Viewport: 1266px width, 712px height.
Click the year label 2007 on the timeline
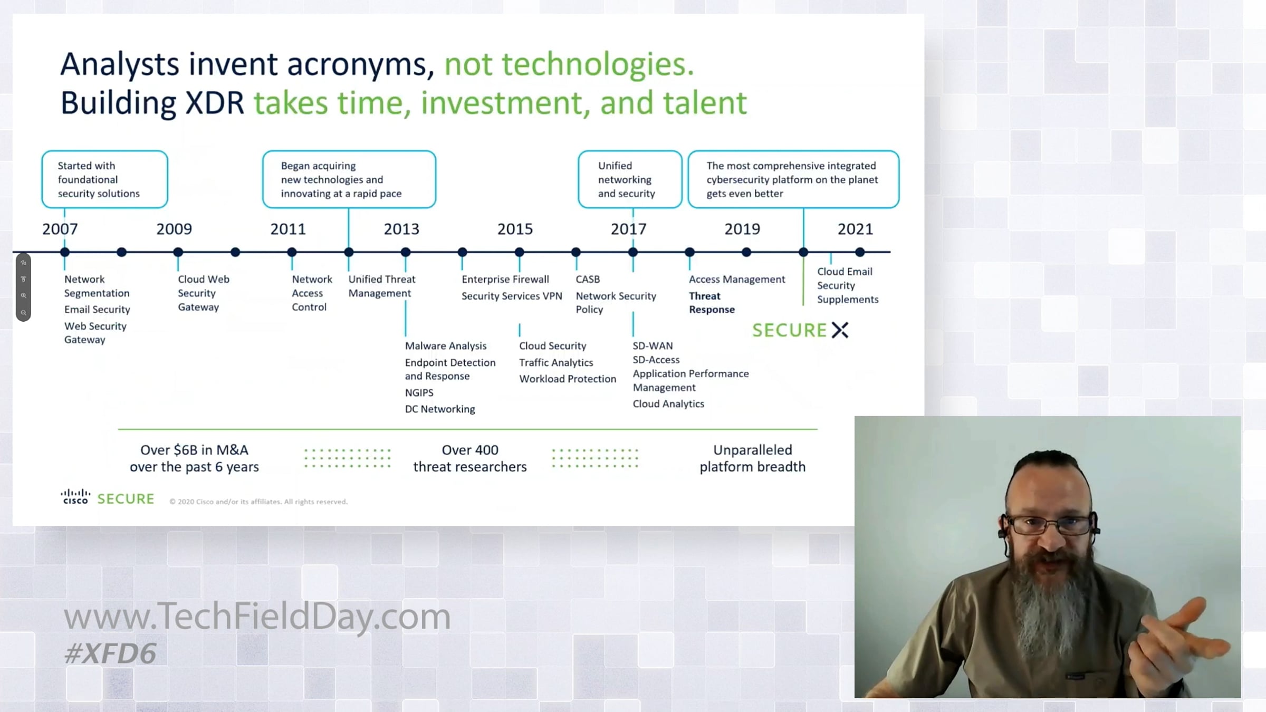click(60, 229)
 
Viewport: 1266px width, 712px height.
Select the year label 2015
click(515, 229)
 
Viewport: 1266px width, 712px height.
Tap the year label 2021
click(855, 229)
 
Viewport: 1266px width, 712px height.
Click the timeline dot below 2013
click(406, 252)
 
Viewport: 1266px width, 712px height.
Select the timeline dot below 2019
click(746, 252)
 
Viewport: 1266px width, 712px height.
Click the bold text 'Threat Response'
click(712, 303)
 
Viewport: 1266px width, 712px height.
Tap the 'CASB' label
click(588, 279)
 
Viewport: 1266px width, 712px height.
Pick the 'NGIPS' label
click(419, 392)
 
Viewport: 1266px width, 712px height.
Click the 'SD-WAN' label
click(653, 345)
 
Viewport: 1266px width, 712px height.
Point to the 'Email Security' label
click(97, 310)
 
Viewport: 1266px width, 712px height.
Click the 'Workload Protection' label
click(568, 379)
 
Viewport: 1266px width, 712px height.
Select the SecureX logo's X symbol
click(840, 330)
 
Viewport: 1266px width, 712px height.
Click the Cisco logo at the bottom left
click(75, 497)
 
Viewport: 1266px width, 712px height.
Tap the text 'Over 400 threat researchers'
click(470, 458)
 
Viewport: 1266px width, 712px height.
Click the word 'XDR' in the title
click(215, 103)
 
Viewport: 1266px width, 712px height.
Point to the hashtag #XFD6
click(110, 653)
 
